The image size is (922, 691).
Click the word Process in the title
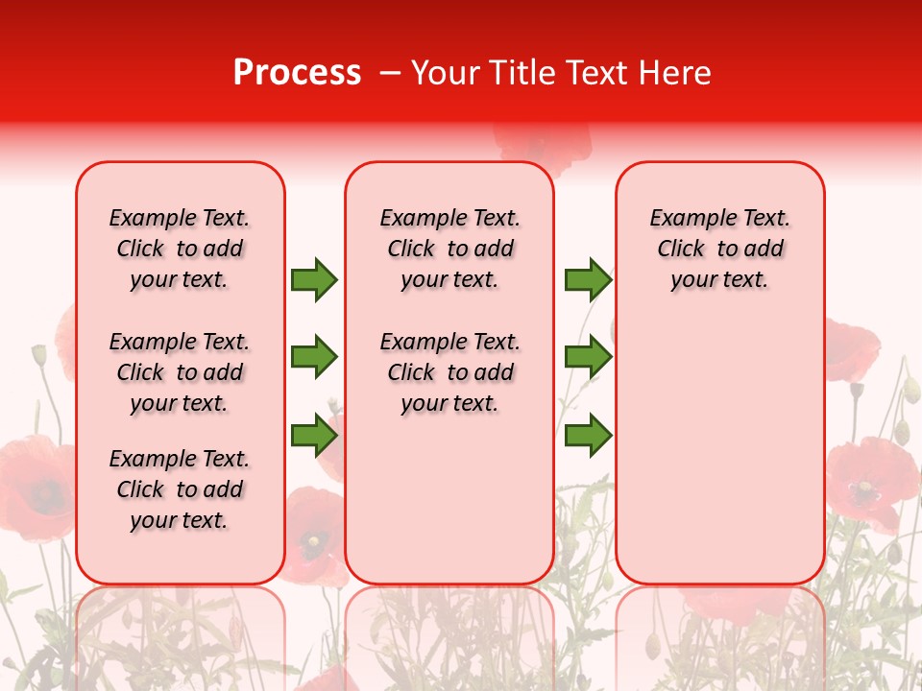(x=297, y=73)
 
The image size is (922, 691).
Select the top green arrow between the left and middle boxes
(x=314, y=279)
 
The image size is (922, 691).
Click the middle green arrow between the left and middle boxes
(x=314, y=357)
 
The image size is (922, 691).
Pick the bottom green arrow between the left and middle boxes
(x=314, y=436)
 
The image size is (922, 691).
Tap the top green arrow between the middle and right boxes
(x=588, y=279)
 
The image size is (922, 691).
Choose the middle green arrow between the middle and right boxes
(x=588, y=357)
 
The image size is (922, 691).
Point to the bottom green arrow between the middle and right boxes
(x=588, y=436)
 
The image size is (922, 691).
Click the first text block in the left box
(x=180, y=249)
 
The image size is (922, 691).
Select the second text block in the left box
(x=180, y=372)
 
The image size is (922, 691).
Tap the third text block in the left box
(x=180, y=489)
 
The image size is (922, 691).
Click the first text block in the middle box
(x=449, y=249)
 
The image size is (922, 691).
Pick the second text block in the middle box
(x=449, y=372)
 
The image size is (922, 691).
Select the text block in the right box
(x=719, y=249)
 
